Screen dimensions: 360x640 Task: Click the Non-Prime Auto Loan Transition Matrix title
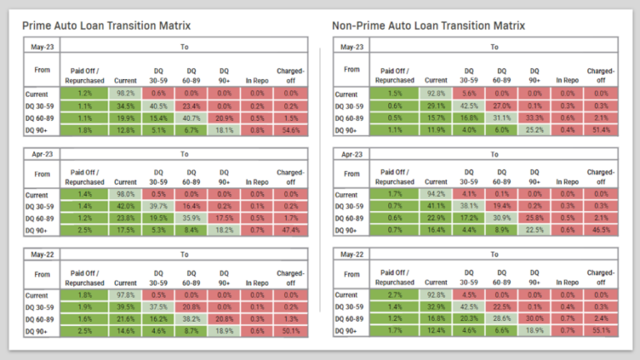pos(428,26)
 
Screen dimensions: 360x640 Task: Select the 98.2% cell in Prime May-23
pos(126,94)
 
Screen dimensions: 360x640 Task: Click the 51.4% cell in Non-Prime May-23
pos(601,130)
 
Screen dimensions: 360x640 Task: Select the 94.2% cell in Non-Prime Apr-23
pos(434,195)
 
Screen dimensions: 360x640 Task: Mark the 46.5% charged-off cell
pos(601,231)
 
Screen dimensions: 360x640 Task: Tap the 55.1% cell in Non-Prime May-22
pos(601,332)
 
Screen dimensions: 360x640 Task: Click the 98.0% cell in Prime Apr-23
pos(126,195)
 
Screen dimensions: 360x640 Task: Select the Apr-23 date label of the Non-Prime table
pos(352,153)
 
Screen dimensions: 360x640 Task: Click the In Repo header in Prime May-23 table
pos(256,81)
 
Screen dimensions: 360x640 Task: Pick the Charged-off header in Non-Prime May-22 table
pos(601,277)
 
